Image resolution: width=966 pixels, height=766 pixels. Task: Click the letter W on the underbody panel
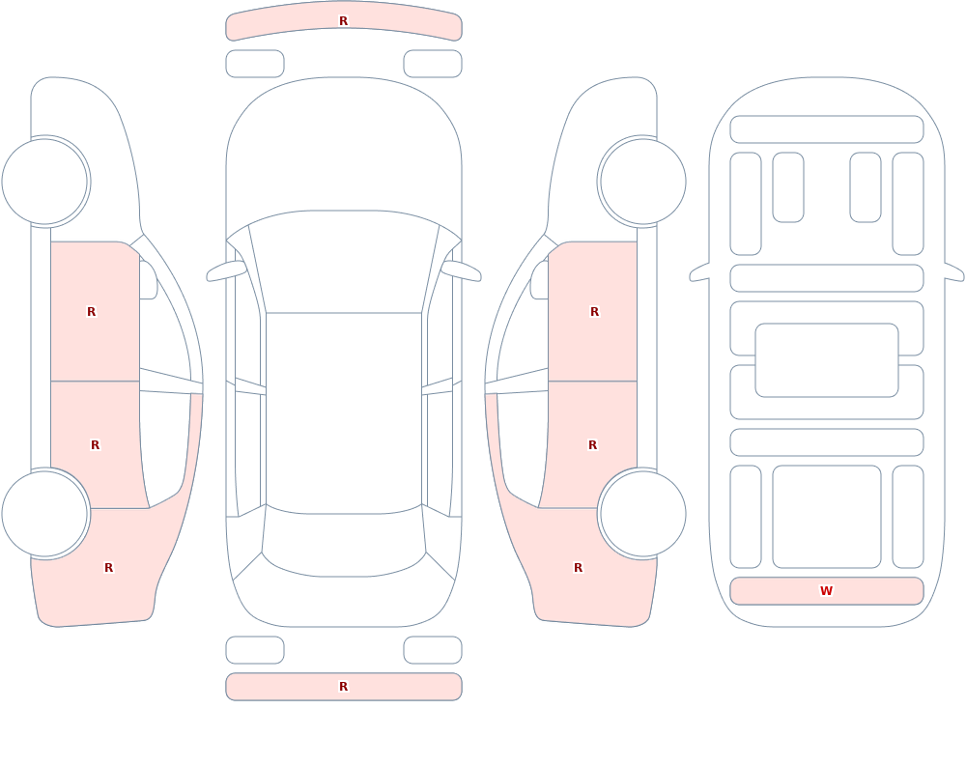point(826,590)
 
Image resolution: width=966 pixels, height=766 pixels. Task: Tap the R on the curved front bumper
point(343,21)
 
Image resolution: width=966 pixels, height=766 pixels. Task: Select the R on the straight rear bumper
point(343,687)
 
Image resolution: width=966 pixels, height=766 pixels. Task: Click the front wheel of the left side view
point(44,182)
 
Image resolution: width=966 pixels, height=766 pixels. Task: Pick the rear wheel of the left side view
point(44,513)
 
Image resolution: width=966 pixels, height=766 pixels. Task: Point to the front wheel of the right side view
point(643,182)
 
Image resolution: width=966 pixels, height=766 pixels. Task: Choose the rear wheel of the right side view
point(643,513)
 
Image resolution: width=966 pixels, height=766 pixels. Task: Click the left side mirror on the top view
point(225,270)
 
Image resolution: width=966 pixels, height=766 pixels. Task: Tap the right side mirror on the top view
point(462,270)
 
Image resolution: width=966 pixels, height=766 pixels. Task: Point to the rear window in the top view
point(344,542)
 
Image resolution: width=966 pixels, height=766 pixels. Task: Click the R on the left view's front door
point(91,312)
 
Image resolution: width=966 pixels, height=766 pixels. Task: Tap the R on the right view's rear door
point(593,445)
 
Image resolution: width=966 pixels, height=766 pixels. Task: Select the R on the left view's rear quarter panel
point(108,568)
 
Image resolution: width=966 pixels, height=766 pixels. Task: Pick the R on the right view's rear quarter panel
point(578,568)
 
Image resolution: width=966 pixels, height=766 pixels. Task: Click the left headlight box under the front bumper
point(255,64)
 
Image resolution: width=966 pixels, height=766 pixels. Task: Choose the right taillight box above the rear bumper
point(433,650)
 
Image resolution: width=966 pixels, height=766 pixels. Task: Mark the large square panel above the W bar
point(827,517)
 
